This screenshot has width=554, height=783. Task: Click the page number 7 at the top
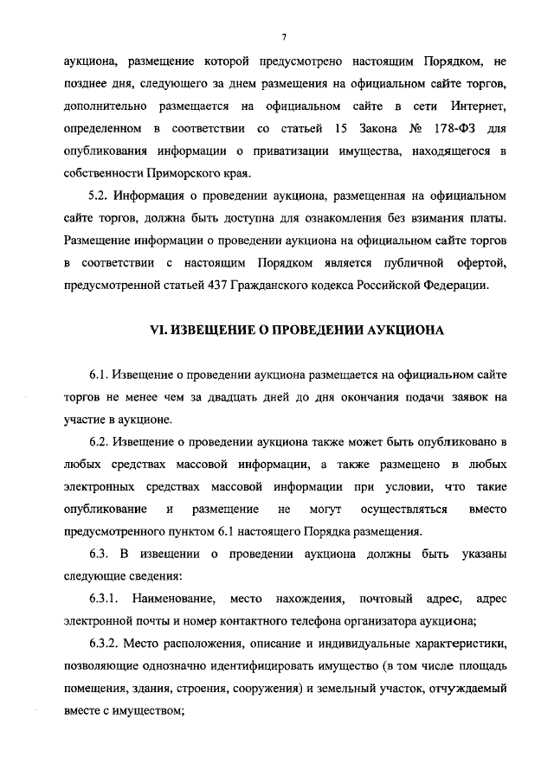(x=283, y=35)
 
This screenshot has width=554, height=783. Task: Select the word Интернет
(x=475, y=106)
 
